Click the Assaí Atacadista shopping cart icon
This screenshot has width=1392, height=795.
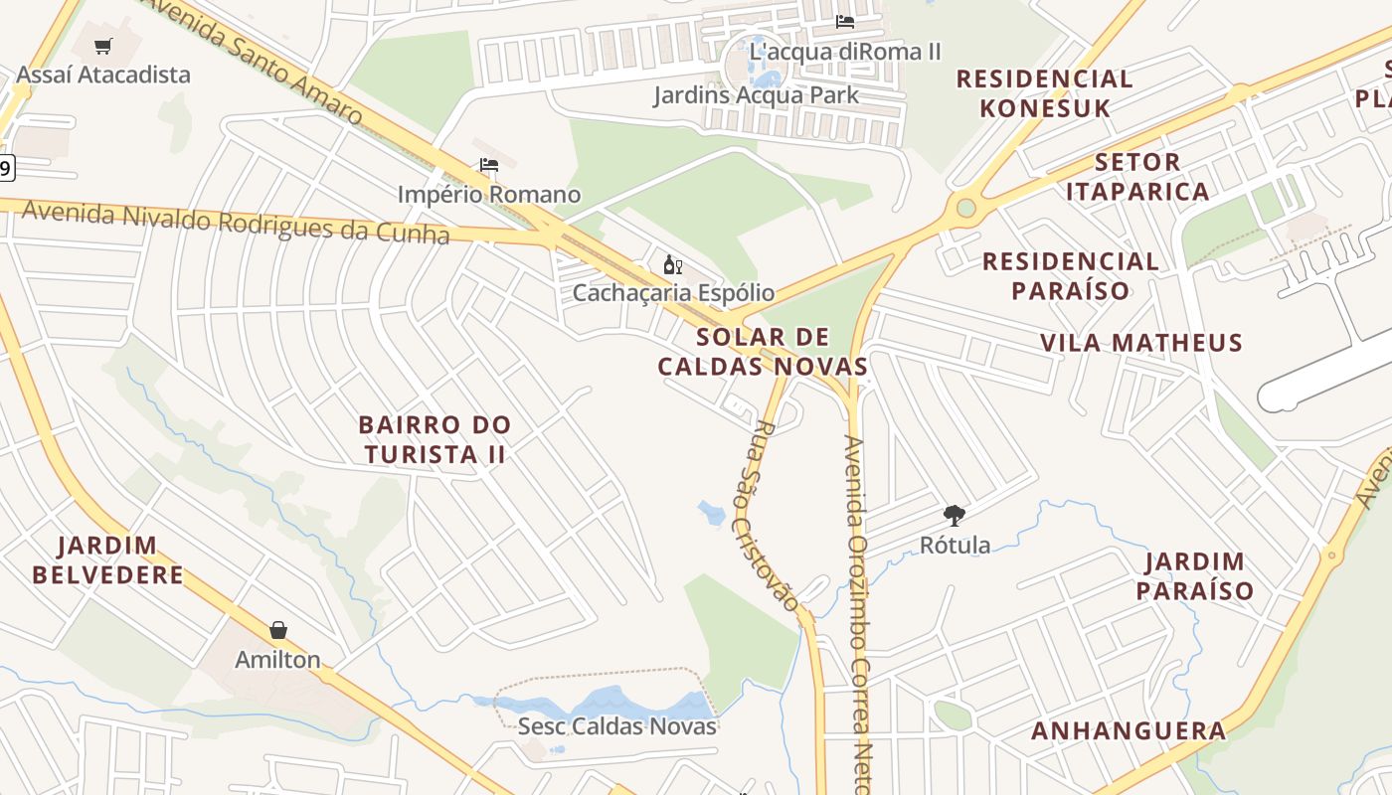103,46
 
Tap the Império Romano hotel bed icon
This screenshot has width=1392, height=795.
488,165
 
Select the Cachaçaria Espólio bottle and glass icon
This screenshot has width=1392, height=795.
672,264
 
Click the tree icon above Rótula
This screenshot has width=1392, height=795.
955,516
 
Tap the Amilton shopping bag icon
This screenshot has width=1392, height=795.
278,630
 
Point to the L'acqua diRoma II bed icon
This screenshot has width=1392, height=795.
845,21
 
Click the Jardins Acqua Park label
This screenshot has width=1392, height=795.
756,95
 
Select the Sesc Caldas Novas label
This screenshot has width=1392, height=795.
616,726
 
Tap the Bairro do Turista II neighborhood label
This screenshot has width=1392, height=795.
435,439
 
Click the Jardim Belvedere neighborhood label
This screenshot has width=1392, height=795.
107,559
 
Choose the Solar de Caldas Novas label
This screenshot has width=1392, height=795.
763,352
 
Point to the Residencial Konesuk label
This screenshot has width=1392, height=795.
1045,93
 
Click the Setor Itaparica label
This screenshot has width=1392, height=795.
1137,176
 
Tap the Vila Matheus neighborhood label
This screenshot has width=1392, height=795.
1141,343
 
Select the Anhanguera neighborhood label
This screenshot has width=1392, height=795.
1129,731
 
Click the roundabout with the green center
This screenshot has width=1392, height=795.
964,208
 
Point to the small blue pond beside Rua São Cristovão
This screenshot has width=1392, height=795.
712,513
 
